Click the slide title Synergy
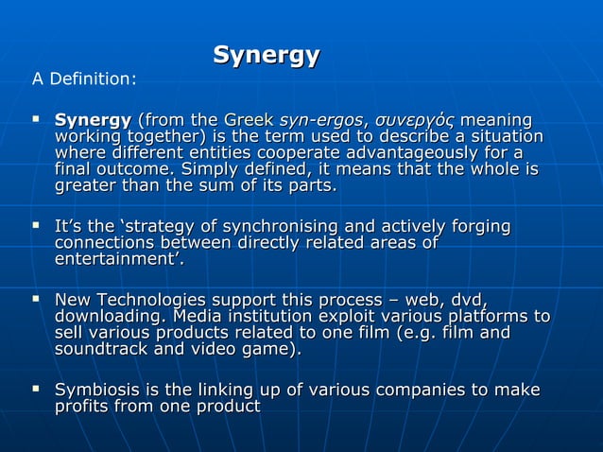click(266, 55)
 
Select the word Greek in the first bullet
click(250, 121)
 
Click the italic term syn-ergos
click(320, 121)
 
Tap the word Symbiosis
click(99, 391)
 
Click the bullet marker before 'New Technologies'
click(36, 300)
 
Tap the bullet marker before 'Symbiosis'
click(36, 390)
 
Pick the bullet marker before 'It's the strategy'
click(36, 227)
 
